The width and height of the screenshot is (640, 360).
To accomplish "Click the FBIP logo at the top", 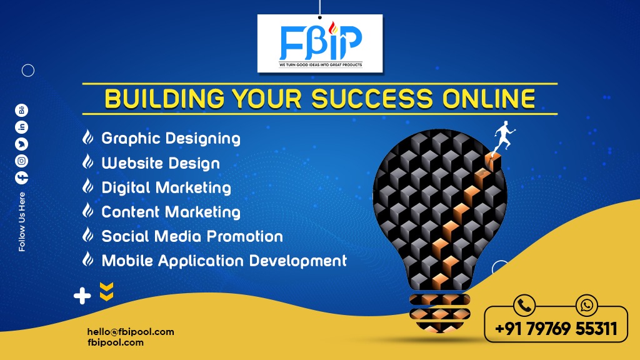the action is [x=321, y=44].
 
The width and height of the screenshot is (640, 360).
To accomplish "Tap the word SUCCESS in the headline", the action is [x=372, y=99].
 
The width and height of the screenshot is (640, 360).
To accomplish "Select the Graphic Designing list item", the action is [x=171, y=139].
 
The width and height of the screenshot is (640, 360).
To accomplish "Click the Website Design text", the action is [x=161, y=163].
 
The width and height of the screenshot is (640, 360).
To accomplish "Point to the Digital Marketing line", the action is [x=166, y=187].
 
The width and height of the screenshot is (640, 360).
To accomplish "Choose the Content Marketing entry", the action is [x=171, y=212].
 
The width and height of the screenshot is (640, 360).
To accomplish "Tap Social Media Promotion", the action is [x=192, y=236].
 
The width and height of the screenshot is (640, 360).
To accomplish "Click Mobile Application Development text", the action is [x=224, y=261].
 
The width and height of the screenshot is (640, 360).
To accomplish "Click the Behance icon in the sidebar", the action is [x=22, y=110].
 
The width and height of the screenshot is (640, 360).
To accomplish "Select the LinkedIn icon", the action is [x=22, y=127].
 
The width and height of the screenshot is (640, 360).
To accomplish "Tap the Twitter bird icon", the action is [x=22, y=144].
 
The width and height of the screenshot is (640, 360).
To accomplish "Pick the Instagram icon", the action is [x=22, y=161].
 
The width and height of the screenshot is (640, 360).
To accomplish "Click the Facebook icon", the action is [x=22, y=177].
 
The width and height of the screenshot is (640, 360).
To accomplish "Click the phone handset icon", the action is [x=524, y=305].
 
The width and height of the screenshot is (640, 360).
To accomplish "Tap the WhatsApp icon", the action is [x=586, y=305].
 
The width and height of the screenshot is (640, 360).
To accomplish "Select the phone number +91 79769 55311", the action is [x=556, y=329].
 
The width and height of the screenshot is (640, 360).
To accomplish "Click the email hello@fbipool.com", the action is [x=131, y=332].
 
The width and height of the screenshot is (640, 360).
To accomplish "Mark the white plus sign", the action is [x=82, y=296].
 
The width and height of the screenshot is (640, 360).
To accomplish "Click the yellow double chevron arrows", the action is [x=106, y=291].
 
